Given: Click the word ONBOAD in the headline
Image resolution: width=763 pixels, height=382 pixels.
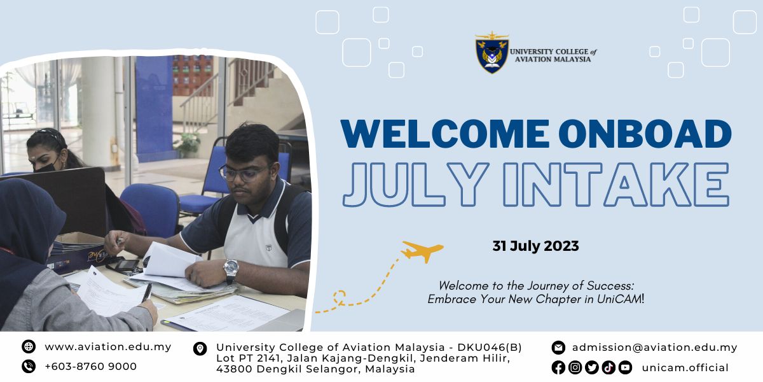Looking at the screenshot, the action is click(645, 133).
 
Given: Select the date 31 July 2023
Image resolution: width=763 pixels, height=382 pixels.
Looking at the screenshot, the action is click(535, 246).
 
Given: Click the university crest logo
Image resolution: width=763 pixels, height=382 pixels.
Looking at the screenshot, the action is click(492, 52).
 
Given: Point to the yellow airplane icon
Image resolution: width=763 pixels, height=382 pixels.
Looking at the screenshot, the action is click(422, 251).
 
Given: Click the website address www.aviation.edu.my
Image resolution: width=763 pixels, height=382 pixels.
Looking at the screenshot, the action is click(108, 347).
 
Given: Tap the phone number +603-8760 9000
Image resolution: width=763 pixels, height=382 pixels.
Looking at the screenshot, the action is click(90, 366).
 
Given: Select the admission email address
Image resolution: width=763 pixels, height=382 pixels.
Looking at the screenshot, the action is click(655, 348).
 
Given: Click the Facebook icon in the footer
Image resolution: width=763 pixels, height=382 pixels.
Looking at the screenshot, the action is click(558, 368).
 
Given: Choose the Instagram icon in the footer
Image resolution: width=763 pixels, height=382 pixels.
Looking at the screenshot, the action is click(575, 368).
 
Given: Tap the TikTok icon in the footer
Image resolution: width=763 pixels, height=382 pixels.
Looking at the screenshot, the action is click(608, 368).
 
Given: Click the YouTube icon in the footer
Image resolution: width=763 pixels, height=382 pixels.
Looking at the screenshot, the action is click(625, 368).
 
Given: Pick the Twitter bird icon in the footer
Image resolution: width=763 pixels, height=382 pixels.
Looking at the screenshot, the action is click(592, 368).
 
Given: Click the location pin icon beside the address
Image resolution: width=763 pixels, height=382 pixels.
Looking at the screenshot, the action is click(200, 349).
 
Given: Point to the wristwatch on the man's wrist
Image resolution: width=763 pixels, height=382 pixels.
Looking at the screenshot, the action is click(231, 269).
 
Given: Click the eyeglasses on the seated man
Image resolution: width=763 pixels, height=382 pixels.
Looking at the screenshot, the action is click(243, 173).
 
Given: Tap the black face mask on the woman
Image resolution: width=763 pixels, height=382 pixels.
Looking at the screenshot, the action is click(46, 166).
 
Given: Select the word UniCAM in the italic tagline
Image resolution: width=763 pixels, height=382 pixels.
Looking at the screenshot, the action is click(619, 299).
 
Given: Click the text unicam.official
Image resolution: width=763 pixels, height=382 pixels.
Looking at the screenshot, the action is click(685, 368).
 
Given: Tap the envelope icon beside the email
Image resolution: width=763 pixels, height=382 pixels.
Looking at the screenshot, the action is click(558, 348).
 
